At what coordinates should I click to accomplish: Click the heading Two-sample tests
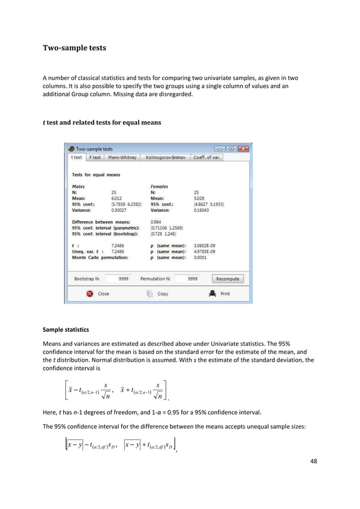point(74,48)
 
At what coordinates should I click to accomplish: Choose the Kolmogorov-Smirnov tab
point(165,157)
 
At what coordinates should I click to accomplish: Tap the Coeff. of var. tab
point(207,157)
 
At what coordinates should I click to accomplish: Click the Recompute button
point(228,279)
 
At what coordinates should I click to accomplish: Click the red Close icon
point(89,293)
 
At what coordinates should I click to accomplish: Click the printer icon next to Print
point(212,293)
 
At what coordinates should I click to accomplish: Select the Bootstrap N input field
point(118,279)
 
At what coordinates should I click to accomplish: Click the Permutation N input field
point(186,279)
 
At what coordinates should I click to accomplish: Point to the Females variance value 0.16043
point(201,210)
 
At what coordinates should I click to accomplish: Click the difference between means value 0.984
point(156,222)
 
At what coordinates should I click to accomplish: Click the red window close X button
point(243,149)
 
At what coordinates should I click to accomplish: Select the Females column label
point(159,186)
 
